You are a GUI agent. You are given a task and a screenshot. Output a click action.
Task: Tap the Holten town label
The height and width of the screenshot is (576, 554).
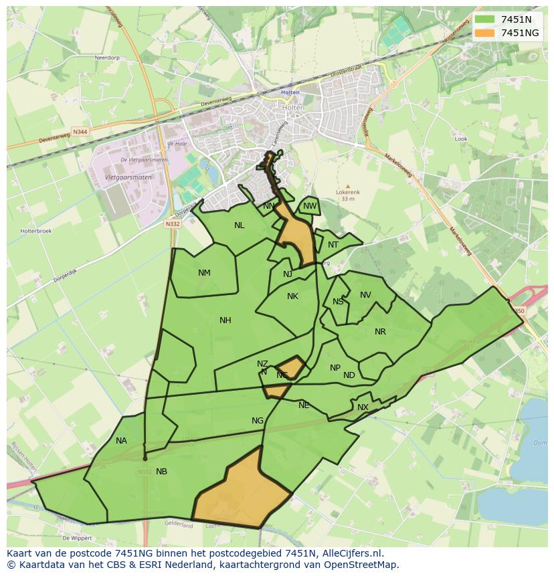290,92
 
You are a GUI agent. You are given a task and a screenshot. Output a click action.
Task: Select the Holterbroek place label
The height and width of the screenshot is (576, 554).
32,231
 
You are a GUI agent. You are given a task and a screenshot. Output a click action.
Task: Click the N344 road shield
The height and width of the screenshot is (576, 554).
80,132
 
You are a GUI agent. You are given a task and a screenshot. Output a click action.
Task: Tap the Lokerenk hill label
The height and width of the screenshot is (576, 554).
347,193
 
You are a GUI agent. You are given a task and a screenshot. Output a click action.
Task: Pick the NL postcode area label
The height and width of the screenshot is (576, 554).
239,225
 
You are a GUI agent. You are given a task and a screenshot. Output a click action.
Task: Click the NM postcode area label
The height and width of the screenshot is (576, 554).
204,272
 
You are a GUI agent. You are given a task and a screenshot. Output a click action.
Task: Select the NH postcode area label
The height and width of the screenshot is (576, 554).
225,320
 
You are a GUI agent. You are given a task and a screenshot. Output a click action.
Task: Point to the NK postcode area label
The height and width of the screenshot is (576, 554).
292,296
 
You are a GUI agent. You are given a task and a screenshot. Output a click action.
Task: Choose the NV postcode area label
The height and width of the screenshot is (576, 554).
365,295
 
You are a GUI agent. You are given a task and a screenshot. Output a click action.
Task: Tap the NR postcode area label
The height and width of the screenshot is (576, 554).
380,332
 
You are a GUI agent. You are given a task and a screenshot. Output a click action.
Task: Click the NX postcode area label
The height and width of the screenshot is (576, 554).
363,407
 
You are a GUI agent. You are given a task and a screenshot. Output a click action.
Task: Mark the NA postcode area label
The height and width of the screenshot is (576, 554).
121,441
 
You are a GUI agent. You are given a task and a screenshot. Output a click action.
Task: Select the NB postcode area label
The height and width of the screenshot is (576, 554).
161,472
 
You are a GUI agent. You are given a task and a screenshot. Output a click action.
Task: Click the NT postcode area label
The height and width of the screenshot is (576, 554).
333,245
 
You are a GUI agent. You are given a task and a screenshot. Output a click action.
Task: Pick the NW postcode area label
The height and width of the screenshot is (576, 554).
309,206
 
